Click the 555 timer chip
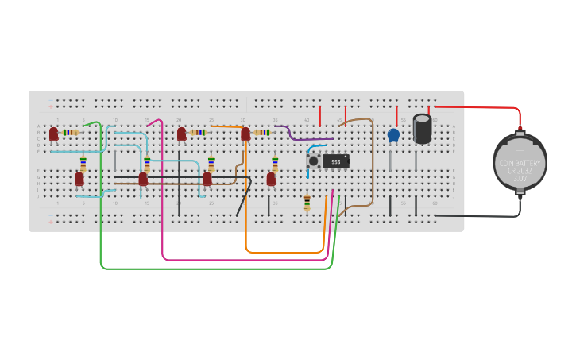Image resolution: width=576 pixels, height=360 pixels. (x=335, y=161)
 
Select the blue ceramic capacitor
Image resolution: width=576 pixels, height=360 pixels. (x=393, y=136)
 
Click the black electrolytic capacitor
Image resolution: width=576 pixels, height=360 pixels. (x=422, y=129)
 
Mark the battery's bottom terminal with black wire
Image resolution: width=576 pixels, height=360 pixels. (x=520, y=192)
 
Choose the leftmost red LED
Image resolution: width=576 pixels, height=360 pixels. (x=53, y=134)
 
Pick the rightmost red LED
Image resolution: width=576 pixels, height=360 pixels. (x=271, y=179)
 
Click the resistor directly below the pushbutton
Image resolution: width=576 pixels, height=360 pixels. (x=307, y=203)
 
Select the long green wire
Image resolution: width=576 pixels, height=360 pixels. (x=215, y=269)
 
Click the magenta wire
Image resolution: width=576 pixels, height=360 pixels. (x=238, y=260)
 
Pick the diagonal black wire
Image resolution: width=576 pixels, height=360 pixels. (x=243, y=197)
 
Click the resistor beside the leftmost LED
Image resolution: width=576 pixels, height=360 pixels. (x=72, y=133)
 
